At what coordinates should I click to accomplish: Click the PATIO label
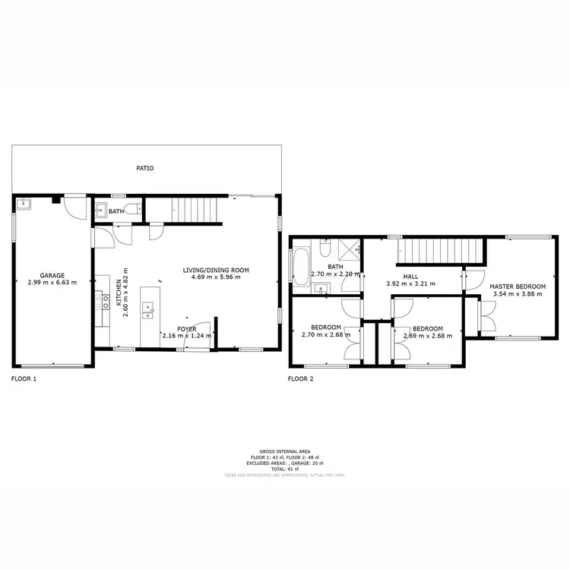144,168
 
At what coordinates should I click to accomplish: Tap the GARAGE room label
52,275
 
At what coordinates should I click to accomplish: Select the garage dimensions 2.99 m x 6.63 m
52,283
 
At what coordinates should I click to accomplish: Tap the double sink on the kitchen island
150,309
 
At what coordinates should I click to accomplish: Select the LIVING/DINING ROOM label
216,270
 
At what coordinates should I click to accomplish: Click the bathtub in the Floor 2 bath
299,267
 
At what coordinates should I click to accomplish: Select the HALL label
411,277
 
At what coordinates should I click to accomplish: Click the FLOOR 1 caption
24,378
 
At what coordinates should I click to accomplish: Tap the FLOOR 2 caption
300,378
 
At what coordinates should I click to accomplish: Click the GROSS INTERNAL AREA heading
285,451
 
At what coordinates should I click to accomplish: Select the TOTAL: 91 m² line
285,469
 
